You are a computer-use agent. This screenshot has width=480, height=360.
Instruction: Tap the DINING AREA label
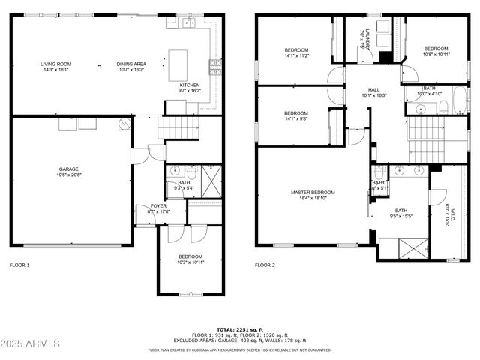click(x=130, y=64)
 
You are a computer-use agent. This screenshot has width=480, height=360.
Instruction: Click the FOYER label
click(x=159, y=205)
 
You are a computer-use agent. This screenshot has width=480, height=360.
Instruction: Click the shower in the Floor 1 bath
click(x=213, y=178)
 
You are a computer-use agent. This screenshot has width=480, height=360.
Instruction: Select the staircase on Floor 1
click(x=179, y=127)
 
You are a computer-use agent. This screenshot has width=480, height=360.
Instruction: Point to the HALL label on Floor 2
click(x=372, y=90)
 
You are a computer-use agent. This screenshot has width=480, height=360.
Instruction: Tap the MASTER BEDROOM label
click(x=313, y=193)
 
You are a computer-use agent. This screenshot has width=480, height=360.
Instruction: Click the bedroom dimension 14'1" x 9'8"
click(x=295, y=118)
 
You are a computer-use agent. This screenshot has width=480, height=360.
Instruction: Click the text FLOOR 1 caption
click(x=19, y=265)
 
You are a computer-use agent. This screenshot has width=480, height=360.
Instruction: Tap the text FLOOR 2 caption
click(x=265, y=265)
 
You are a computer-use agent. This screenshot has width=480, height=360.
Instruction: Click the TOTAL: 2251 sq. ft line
click(x=239, y=329)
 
